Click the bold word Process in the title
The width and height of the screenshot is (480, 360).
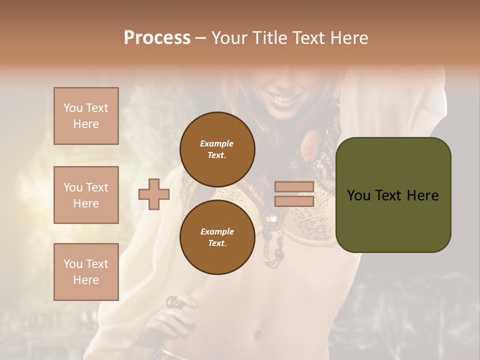coord(157,38)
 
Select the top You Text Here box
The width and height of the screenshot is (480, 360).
coord(86,116)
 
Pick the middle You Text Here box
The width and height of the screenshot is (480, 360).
coord(86,195)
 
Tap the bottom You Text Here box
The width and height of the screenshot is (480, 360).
coord(86,272)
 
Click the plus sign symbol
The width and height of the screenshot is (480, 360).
coord(154,194)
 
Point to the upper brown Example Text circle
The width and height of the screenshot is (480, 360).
coord(217,149)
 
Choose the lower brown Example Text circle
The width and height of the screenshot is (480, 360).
coord(217,237)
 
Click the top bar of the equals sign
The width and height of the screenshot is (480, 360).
coord(294,187)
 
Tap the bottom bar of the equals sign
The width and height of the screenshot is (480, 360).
coord(294,201)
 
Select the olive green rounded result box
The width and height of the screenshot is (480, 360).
coord(393,195)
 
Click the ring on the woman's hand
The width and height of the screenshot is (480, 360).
coord(171,301)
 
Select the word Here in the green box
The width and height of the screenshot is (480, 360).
coord(422,195)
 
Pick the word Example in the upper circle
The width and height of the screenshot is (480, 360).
coord(217,143)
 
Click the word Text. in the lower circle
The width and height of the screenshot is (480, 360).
coord(217,243)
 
